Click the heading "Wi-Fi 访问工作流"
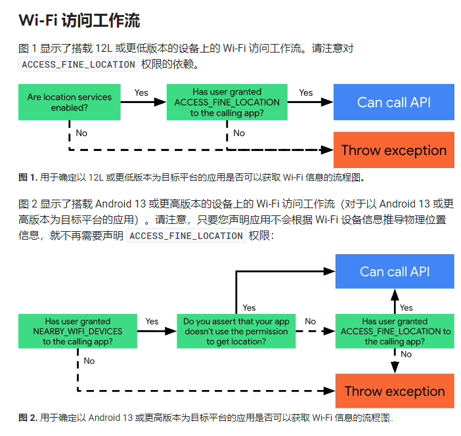point(79,20)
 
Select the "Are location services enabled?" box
point(70,102)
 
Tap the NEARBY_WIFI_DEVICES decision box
point(77,331)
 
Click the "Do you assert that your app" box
point(236,331)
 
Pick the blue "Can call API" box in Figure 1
point(393,102)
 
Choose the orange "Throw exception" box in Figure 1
point(393,150)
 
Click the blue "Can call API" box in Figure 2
point(395,271)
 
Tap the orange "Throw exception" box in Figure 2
point(395,391)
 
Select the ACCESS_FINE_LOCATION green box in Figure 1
point(227,102)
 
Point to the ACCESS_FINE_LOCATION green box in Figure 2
point(395,331)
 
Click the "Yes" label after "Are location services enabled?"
point(141,93)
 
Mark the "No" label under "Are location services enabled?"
point(81,133)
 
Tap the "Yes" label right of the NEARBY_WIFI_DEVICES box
point(152,321)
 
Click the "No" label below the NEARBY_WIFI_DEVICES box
point(89,360)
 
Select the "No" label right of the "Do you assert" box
point(310,321)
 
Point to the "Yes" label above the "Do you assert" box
point(249,307)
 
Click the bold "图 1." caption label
point(28,177)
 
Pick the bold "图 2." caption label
point(28,418)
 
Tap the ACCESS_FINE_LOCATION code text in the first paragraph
point(78,64)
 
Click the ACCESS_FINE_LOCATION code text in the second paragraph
point(186,236)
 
